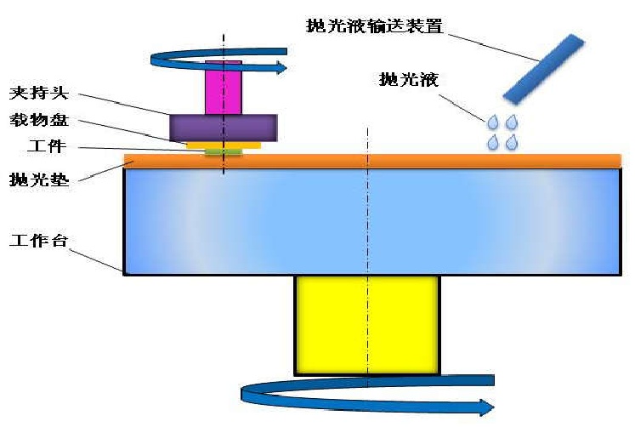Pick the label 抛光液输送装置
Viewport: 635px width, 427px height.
point(375,25)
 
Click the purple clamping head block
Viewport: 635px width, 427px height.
point(224,128)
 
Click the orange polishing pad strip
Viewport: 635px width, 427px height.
point(383,161)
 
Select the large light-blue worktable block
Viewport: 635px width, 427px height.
point(371,221)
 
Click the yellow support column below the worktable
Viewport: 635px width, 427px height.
point(367,323)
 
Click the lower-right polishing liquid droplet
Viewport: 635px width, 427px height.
point(511,143)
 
